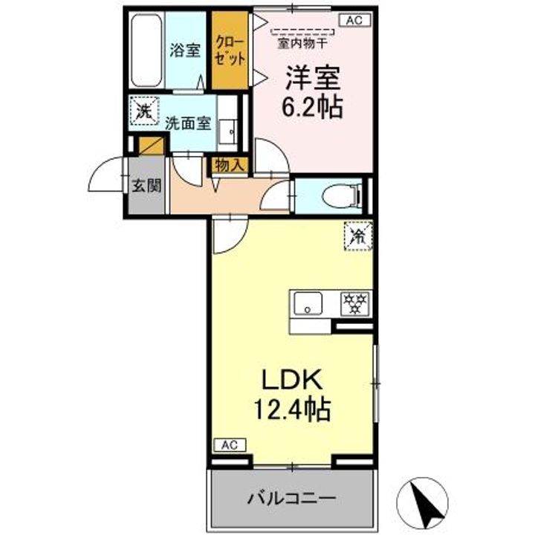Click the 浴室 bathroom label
(185, 51)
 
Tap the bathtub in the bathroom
(147, 50)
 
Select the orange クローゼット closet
(229, 50)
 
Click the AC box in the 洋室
(352, 21)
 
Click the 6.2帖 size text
(311, 106)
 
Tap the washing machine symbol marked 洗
(142, 112)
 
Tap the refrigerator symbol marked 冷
(357, 236)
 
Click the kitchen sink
(307, 303)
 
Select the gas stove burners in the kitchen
(355, 303)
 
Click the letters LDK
(291, 380)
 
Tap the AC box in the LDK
(229, 445)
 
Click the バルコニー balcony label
(291, 496)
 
